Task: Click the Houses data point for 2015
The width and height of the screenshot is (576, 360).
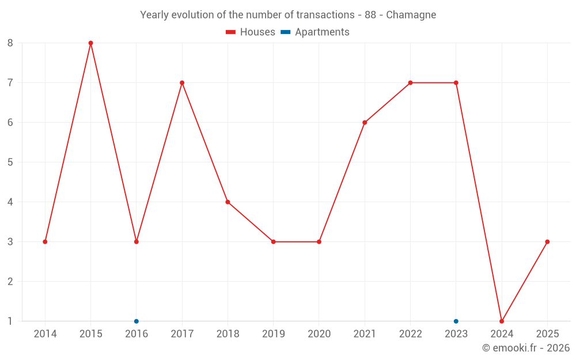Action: point(90,43)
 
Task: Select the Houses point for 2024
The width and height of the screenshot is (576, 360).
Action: point(502,321)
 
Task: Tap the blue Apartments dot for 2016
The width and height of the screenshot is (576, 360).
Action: point(137,321)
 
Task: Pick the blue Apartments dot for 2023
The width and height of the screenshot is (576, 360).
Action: point(456,321)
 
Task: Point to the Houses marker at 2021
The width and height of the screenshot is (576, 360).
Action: point(365,122)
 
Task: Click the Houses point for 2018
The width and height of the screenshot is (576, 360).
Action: point(228,202)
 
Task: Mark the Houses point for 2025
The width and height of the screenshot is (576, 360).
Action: point(547,241)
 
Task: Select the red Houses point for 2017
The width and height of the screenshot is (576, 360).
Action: point(182,83)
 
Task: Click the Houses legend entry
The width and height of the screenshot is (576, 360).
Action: point(251,32)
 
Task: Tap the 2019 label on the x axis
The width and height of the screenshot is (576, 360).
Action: point(273,334)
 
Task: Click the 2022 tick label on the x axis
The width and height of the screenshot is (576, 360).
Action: point(410,334)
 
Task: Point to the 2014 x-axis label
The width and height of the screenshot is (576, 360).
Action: point(45,334)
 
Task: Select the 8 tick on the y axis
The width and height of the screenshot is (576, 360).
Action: point(10,43)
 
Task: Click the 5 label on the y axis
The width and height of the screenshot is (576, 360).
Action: point(10,162)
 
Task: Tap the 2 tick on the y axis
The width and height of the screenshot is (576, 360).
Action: point(10,281)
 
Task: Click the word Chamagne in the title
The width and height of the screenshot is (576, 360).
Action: point(411,14)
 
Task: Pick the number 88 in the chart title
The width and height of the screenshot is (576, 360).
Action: point(371,14)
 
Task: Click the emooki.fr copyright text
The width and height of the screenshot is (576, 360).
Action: point(526,348)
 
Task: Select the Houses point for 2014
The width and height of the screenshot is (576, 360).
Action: point(45,241)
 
